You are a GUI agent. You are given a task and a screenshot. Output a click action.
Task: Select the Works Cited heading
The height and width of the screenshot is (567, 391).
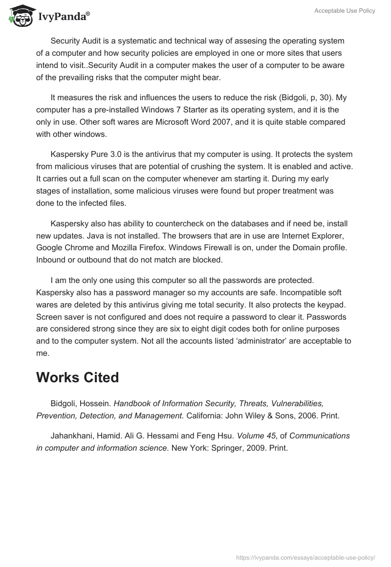pos(77,377)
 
